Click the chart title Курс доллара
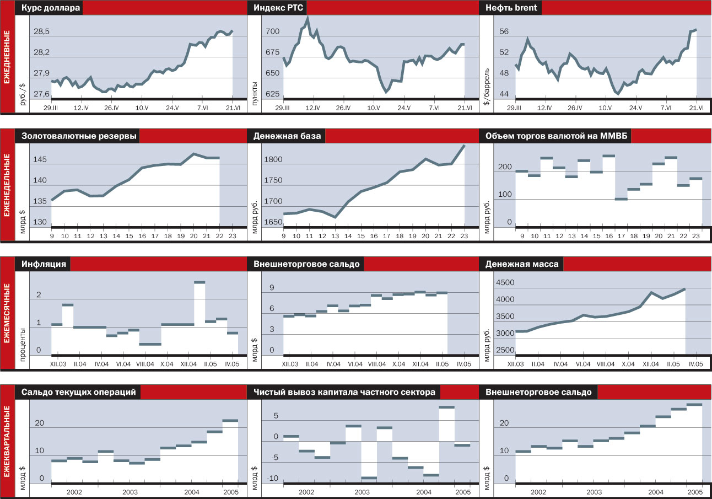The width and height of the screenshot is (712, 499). pos(51,8)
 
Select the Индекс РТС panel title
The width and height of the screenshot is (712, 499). pos(279,8)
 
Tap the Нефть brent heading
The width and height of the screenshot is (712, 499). pos(511,8)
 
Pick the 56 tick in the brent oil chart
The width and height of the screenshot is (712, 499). pos(504,32)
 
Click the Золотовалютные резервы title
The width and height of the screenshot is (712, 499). pos(79,136)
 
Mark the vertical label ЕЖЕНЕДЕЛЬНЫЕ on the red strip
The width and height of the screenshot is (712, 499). pos(7,184)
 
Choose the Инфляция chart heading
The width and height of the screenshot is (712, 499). pos(44,264)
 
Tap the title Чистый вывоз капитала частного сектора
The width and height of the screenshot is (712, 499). pos(344,392)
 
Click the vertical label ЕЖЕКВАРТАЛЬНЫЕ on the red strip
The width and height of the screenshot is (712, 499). pos(7,441)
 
